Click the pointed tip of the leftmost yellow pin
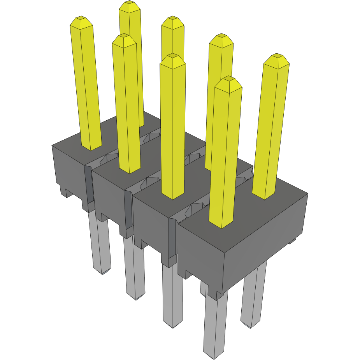81,18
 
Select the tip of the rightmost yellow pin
277,56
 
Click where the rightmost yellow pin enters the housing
264,195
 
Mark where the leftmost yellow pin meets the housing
91,147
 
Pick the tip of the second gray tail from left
136,297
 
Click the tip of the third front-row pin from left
172,56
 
